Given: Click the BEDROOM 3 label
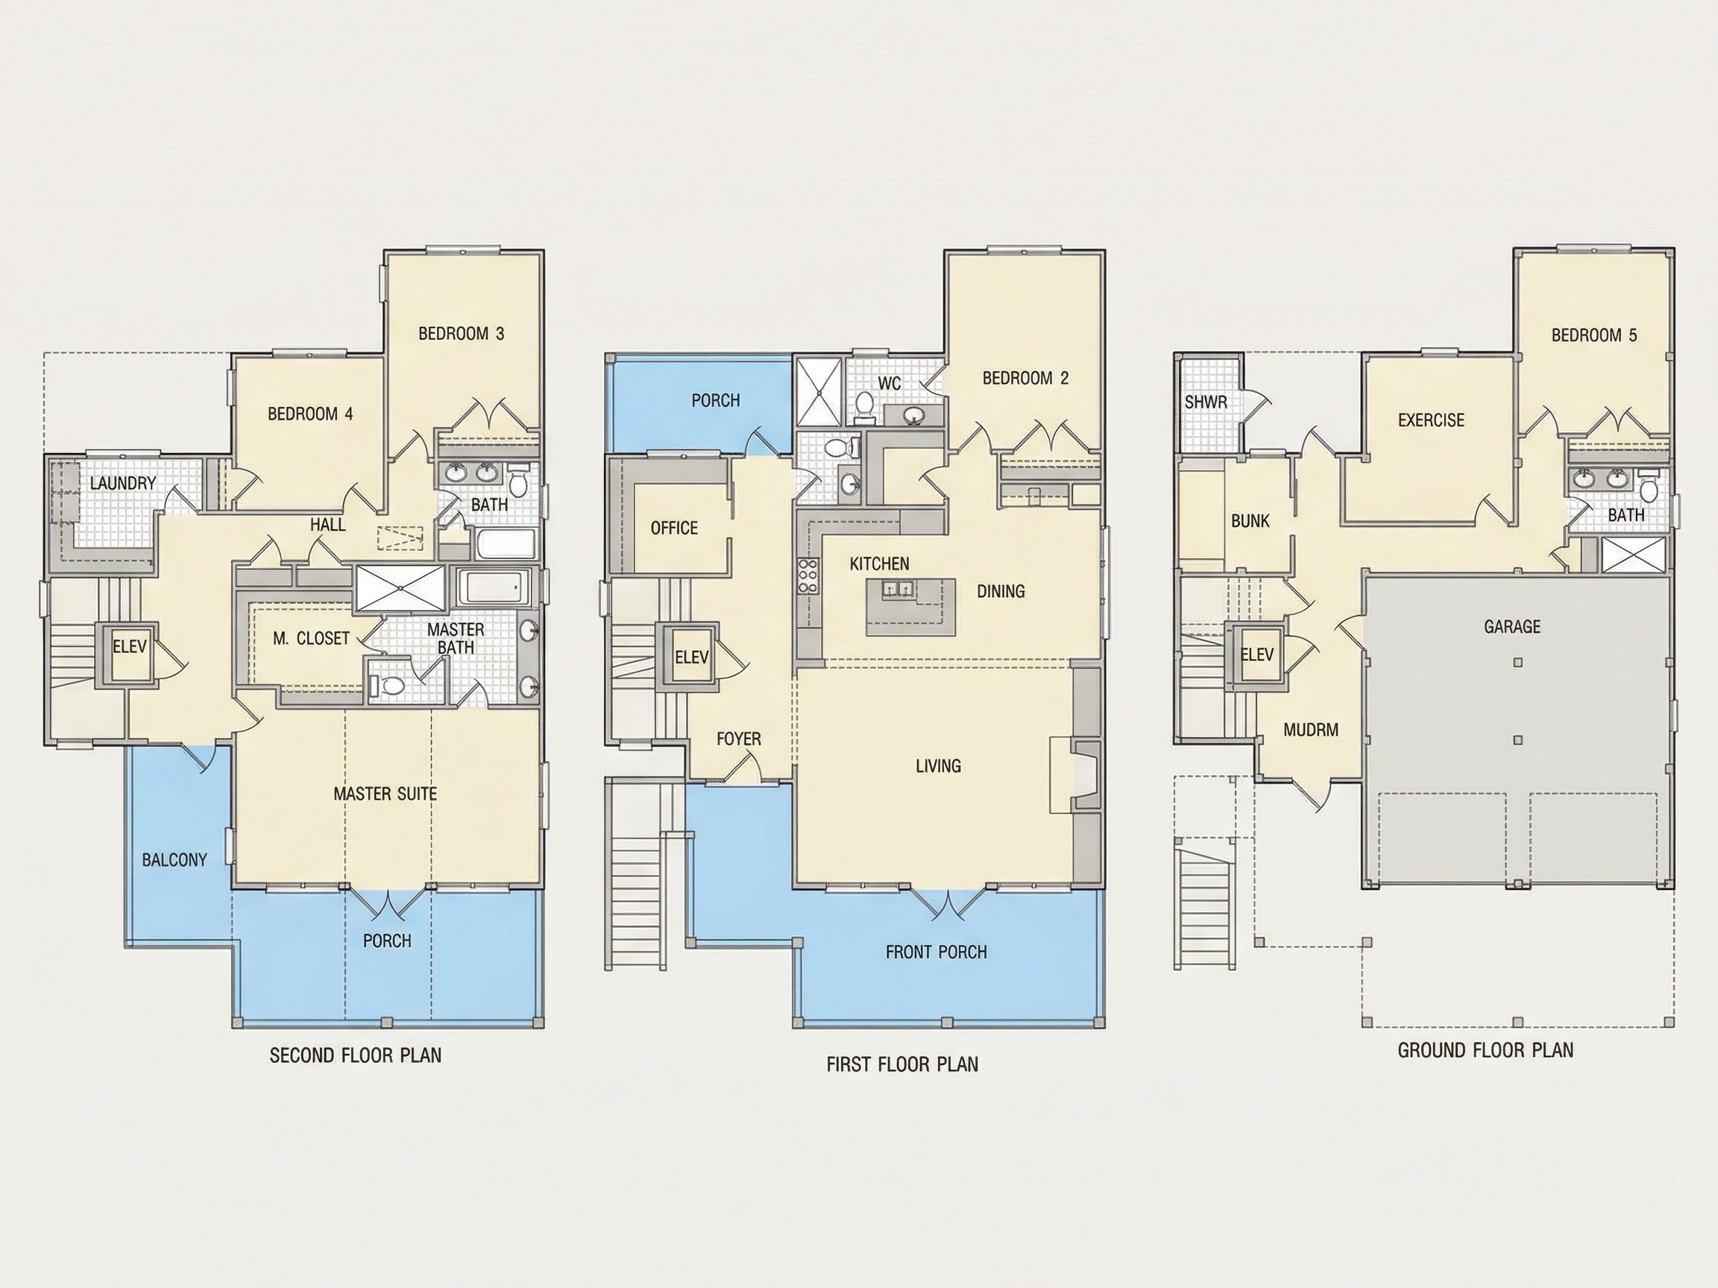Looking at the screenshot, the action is click(x=462, y=334).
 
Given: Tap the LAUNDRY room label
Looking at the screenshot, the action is click(x=123, y=483).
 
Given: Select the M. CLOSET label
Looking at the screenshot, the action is click(x=311, y=638).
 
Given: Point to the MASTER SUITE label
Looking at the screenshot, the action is click(x=386, y=794).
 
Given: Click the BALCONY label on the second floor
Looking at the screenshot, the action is click(x=174, y=859).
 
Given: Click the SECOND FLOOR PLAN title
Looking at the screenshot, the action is click(x=356, y=1055).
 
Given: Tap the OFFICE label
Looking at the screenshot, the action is click(x=674, y=528).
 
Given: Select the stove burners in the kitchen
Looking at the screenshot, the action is click(x=807, y=576).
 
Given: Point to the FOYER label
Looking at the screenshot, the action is click(x=739, y=739).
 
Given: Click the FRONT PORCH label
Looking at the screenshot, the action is click(x=936, y=952).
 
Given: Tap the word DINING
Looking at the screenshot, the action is click(x=1001, y=592).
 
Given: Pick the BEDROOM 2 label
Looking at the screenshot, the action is click(x=1025, y=378).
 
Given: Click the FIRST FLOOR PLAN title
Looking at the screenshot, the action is click(x=902, y=1064).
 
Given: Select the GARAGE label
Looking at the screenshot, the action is click(x=1512, y=626).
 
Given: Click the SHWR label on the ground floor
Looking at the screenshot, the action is click(x=1206, y=403).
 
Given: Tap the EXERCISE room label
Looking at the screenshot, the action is click(x=1431, y=420).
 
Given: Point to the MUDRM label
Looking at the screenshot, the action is click(x=1311, y=730).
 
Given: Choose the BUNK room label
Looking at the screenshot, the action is click(x=1250, y=521).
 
